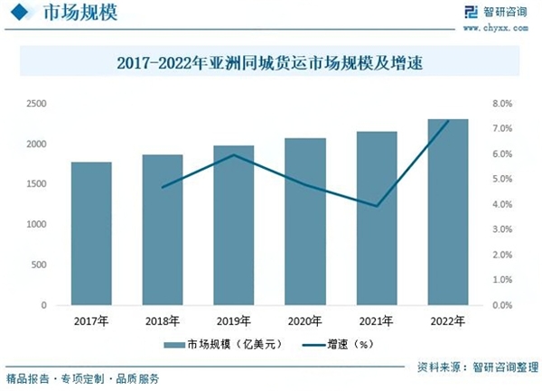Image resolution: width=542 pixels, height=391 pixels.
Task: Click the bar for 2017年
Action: (91, 234)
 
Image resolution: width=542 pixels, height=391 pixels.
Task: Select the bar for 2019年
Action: (235, 226)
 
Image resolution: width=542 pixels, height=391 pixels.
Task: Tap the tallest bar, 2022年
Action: (448, 212)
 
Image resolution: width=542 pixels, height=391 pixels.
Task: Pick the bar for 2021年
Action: (377, 219)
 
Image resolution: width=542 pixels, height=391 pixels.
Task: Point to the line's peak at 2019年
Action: (235, 154)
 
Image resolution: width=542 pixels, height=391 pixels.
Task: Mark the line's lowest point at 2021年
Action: (377, 206)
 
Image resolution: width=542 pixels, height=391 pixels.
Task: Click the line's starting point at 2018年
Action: (163, 187)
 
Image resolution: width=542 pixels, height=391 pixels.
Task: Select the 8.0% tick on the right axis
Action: (502, 104)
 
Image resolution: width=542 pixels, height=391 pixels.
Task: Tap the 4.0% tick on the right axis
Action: (502, 204)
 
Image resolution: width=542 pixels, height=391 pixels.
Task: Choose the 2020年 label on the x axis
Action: (305, 320)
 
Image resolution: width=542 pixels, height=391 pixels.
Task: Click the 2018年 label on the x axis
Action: (163, 320)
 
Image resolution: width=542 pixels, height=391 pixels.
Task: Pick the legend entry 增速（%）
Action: (335, 344)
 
